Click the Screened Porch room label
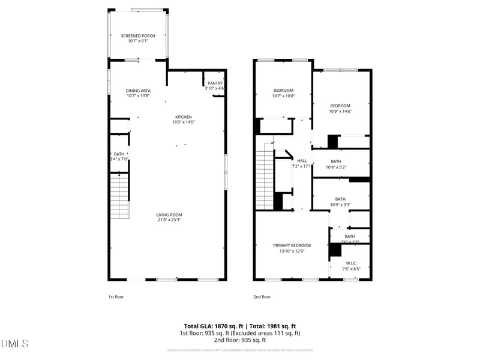coord(138,36)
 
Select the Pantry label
coord(215,83)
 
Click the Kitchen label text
coord(184,117)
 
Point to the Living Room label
coord(169,215)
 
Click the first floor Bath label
coord(119,154)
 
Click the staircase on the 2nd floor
coord(265,177)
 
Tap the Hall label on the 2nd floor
coord(302,161)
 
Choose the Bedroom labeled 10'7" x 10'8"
coord(283,90)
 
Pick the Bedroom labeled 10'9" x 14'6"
coord(340,106)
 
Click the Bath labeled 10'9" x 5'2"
coord(336,161)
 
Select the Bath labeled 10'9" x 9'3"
coord(340,199)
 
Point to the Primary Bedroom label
coord(292,245)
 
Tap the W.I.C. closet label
coord(351,263)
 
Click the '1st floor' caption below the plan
coord(116,296)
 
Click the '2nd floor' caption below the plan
coord(262,296)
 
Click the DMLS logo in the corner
coord(15,343)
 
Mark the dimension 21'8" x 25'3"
coord(169,220)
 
